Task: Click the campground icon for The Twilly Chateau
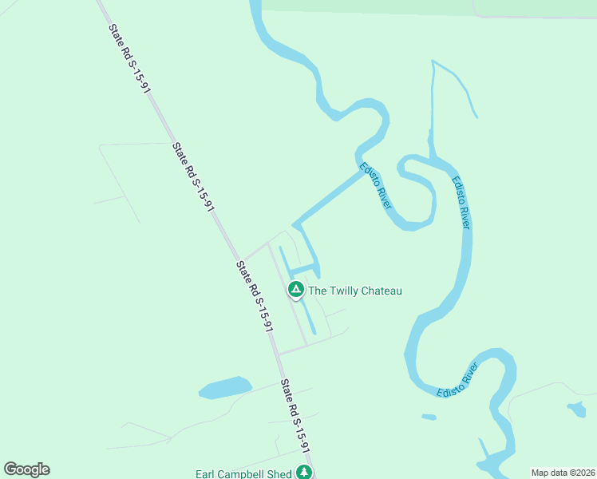tap(295, 290)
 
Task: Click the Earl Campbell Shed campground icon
tap(303, 473)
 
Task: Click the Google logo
tap(26, 469)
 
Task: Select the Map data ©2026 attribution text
tap(563, 473)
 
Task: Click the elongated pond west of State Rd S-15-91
tap(225, 387)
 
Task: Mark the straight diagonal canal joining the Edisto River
tap(327, 198)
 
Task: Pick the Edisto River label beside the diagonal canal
tap(376, 186)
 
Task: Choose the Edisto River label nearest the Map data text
tap(457, 379)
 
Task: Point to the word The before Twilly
tap(318, 291)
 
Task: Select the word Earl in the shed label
tap(208, 474)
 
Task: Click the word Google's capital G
tap(10, 469)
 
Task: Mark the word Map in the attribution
tap(541, 473)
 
